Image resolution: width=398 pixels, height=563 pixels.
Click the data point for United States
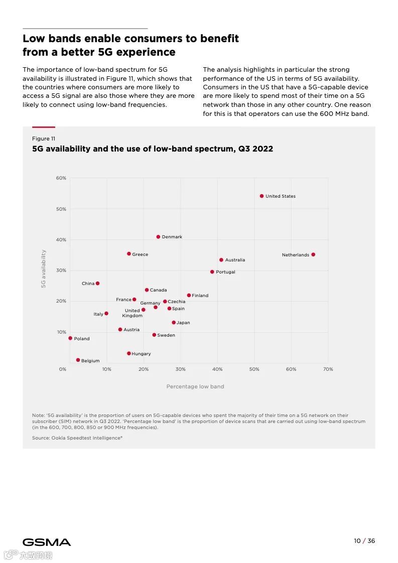click(261, 196)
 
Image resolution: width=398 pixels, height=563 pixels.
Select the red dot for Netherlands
click(313, 254)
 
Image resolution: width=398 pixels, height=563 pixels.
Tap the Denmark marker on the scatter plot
click(158, 237)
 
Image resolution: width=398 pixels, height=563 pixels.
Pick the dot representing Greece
click(129, 254)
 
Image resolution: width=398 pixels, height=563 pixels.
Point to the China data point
click(97, 284)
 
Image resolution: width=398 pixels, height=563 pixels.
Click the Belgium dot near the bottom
click(78, 360)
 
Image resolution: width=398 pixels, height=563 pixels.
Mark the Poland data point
click(70, 338)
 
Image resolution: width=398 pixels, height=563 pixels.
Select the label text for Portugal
click(225, 272)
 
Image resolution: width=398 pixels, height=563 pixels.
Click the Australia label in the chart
click(235, 260)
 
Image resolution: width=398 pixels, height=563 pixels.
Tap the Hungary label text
click(141, 354)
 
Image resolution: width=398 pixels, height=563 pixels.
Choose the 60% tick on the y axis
click(61, 178)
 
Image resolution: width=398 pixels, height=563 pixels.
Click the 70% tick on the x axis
click(328, 369)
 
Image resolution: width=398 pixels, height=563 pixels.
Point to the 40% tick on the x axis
click(217, 369)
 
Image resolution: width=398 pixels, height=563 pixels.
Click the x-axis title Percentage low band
click(195, 386)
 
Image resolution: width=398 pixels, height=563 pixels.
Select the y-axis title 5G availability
click(44, 269)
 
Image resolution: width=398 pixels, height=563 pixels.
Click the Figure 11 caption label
click(44, 138)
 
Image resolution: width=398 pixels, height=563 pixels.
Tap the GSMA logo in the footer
click(47, 542)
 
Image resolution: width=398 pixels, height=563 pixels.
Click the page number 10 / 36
click(364, 541)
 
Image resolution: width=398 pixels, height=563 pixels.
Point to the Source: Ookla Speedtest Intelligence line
click(77, 438)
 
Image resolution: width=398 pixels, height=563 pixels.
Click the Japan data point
click(174, 323)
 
